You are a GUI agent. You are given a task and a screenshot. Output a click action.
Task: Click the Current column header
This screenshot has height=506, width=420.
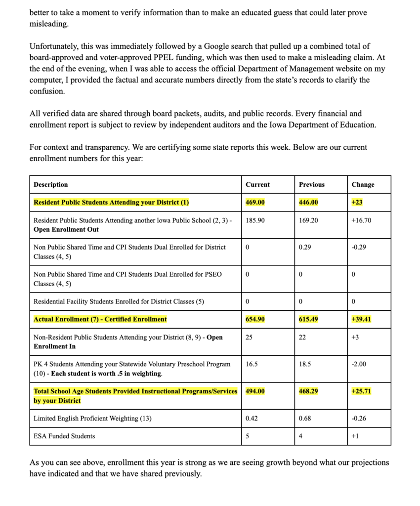[x=257, y=185]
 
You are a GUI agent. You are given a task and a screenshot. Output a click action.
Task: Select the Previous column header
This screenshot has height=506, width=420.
[x=311, y=185]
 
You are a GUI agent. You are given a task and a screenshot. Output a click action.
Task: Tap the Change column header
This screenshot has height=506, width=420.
[x=363, y=185]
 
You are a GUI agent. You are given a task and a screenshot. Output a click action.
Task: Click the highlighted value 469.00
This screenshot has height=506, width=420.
[x=255, y=203]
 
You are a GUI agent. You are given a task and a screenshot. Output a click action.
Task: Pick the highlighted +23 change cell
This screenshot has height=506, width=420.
[x=357, y=203]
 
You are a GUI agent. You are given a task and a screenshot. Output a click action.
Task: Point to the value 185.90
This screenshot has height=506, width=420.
[x=255, y=220]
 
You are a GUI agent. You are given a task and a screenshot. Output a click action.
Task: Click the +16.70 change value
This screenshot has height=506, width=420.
[x=361, y=220]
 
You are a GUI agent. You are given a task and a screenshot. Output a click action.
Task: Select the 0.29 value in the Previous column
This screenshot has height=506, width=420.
[x=305, y=247]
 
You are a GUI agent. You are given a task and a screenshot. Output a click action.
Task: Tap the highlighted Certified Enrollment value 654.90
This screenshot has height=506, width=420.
[x=255, y=319]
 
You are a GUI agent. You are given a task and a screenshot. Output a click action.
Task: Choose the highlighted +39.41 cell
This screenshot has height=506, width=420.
[x=361, y=319]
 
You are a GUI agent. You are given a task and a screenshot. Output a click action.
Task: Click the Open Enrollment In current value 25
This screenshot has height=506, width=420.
[x=250, y=337]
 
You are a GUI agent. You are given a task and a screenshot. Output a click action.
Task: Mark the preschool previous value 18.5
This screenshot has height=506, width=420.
[x=305, y=364]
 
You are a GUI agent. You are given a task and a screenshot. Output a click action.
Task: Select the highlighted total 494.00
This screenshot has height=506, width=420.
[x=255, y=391]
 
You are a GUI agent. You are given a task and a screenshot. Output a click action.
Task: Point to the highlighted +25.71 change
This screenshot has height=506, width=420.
[x=361, y=391]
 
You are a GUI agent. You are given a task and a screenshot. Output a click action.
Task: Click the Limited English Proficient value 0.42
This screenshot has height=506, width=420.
[x=252, y=419]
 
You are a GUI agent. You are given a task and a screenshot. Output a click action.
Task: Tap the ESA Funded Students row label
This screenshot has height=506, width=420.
[x=64, y=436]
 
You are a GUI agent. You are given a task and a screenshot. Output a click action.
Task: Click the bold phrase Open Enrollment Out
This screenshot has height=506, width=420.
[x=66, y=230]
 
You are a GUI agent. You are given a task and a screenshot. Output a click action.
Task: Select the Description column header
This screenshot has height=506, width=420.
[x=50, y=185]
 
